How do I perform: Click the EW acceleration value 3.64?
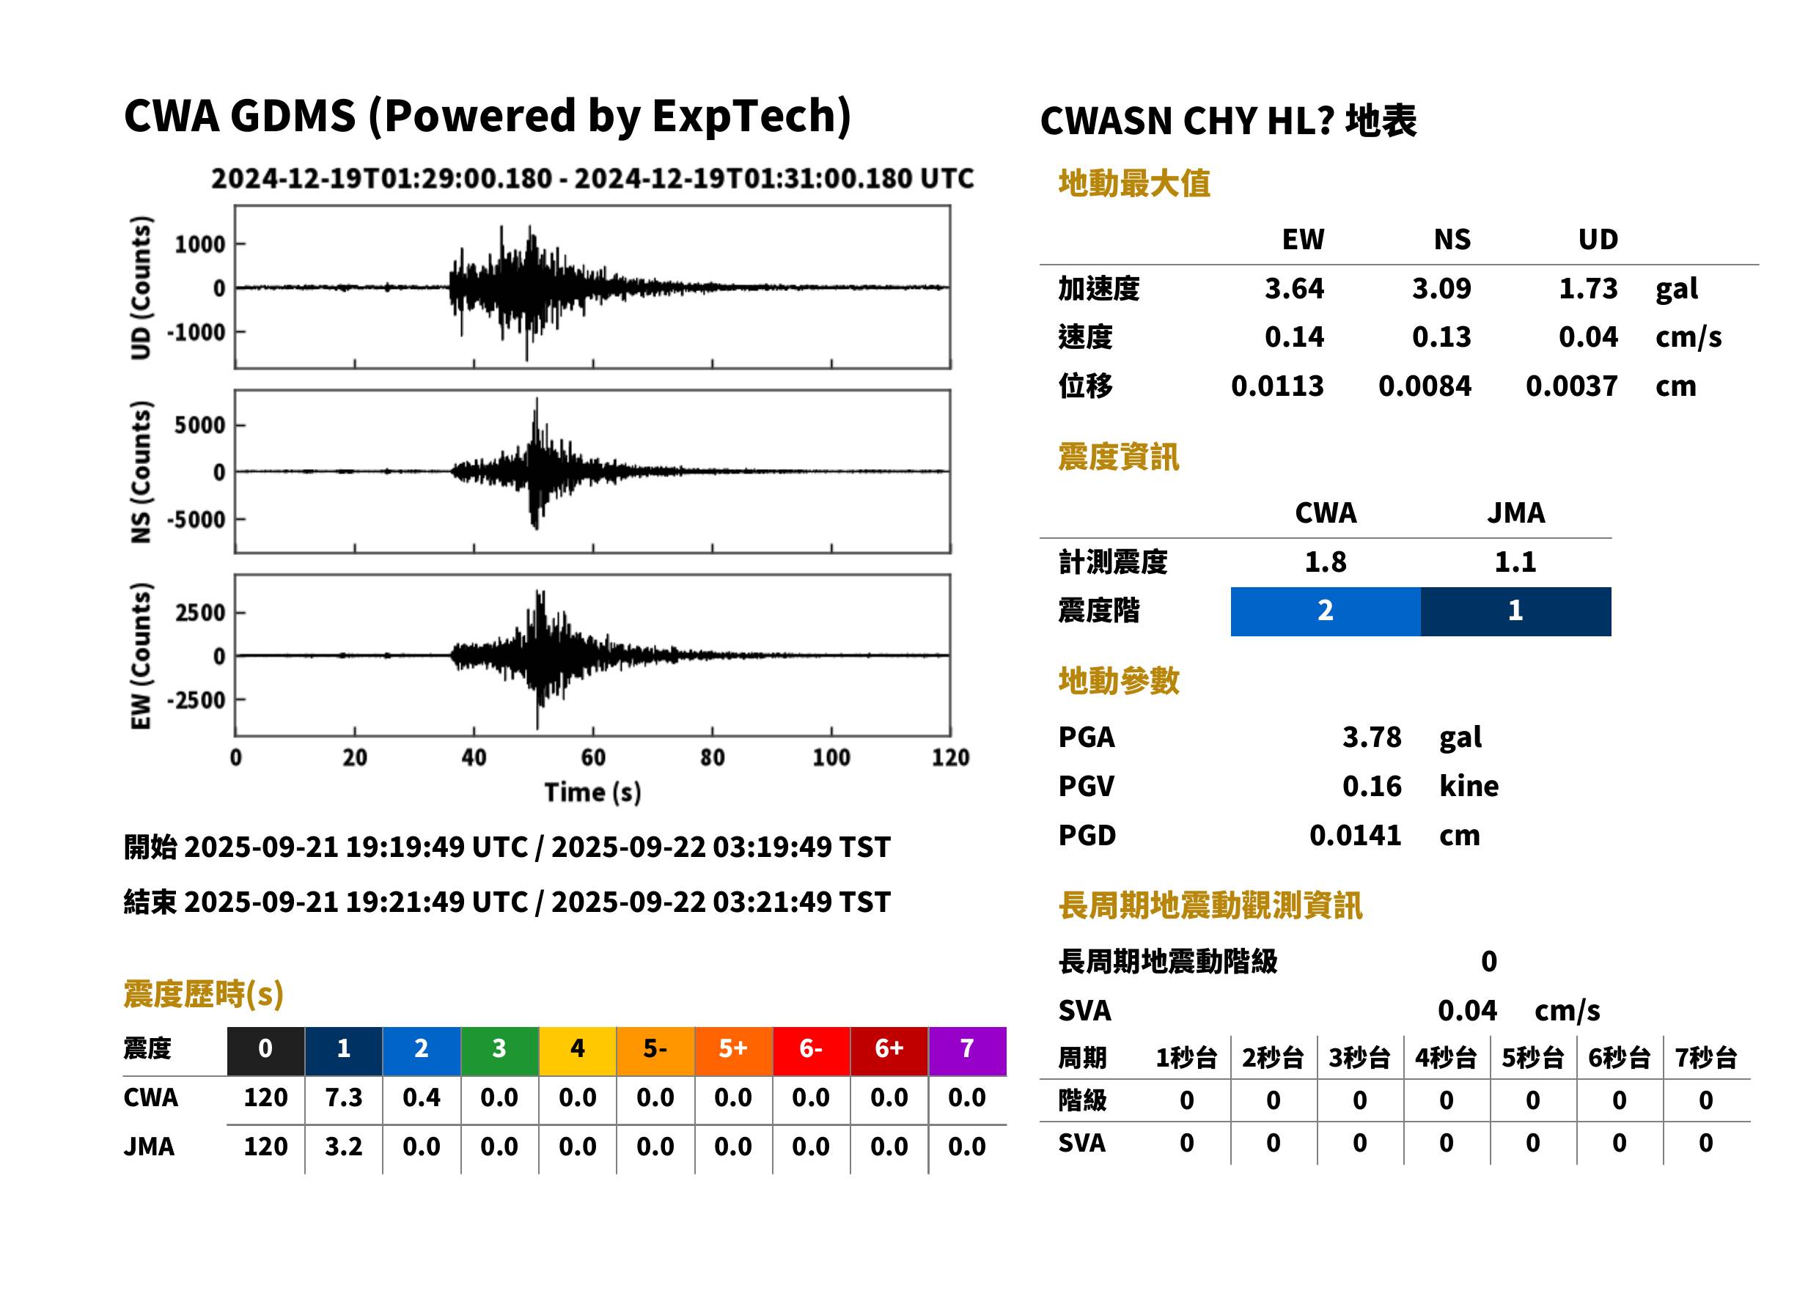click(x=1293, y=288)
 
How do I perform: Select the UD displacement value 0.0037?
click(x=1571, y=386)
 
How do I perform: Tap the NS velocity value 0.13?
click(x=1441, y=336)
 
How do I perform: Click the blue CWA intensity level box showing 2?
click(x=1325, y=611)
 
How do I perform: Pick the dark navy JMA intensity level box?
click(x=1515, y=611)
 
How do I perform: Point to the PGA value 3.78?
click(x=1371, y=737)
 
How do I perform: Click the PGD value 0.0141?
click(x=1355, y=835)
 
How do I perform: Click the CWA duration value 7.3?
click(x=343, y=1097)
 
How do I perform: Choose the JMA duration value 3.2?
click(x=343, y=1147)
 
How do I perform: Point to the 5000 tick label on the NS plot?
click(x=200, y=424)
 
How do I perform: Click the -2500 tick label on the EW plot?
click(x=196, y=700)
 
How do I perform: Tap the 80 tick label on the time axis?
click(x=712, y=757)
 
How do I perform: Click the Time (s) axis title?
click(x=592, y=792)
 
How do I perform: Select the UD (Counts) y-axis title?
click(x=140, y=287)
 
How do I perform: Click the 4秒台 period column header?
click(x=1445, y=1057)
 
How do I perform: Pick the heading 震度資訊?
click(x=1118, y=457)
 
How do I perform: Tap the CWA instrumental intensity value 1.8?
click(x=1325, y=562)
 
